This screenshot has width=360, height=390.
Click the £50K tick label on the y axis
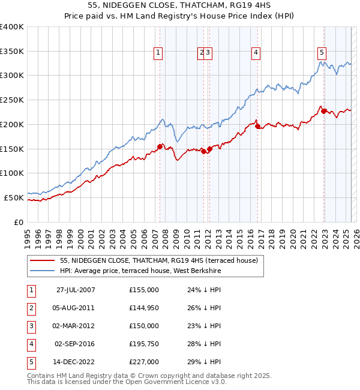pos(14,197)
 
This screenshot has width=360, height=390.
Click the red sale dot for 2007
pos(160,146)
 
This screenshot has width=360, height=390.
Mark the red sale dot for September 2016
pos(257,127)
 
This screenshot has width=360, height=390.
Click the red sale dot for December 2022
pos(323,111)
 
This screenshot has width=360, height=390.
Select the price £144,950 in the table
pos(144,308)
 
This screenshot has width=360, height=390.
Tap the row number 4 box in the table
pos(30,344)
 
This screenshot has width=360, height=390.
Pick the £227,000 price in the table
pos(144,362)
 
